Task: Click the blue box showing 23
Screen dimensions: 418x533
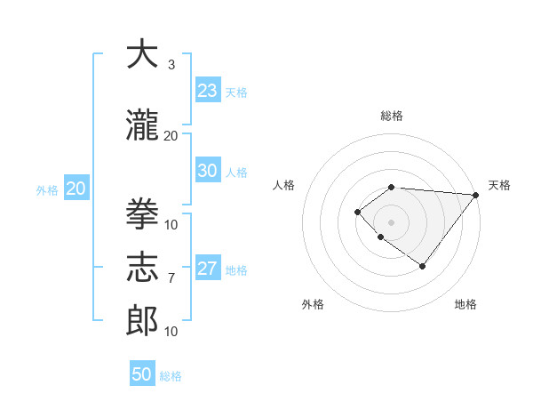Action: pos(208,91)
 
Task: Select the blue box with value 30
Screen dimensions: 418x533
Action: pos(208,172)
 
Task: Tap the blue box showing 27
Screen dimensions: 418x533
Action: pos(208,269)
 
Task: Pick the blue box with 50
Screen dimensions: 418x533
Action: pos(142,374)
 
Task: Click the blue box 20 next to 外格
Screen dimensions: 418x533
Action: pos(76,189)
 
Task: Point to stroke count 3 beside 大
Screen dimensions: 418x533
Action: pos(171,65)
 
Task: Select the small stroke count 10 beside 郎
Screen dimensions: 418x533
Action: pos(171,332)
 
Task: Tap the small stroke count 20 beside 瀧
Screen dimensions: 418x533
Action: pos(171,135)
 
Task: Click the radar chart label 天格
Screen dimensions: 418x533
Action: pos(499,185)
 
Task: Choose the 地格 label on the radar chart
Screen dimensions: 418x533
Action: pos(465,304)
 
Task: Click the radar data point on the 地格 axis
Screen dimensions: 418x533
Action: pos(423,266)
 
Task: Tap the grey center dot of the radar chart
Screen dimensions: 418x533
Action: pos(391,222)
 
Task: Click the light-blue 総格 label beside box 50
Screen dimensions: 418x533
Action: pos(171,376)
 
